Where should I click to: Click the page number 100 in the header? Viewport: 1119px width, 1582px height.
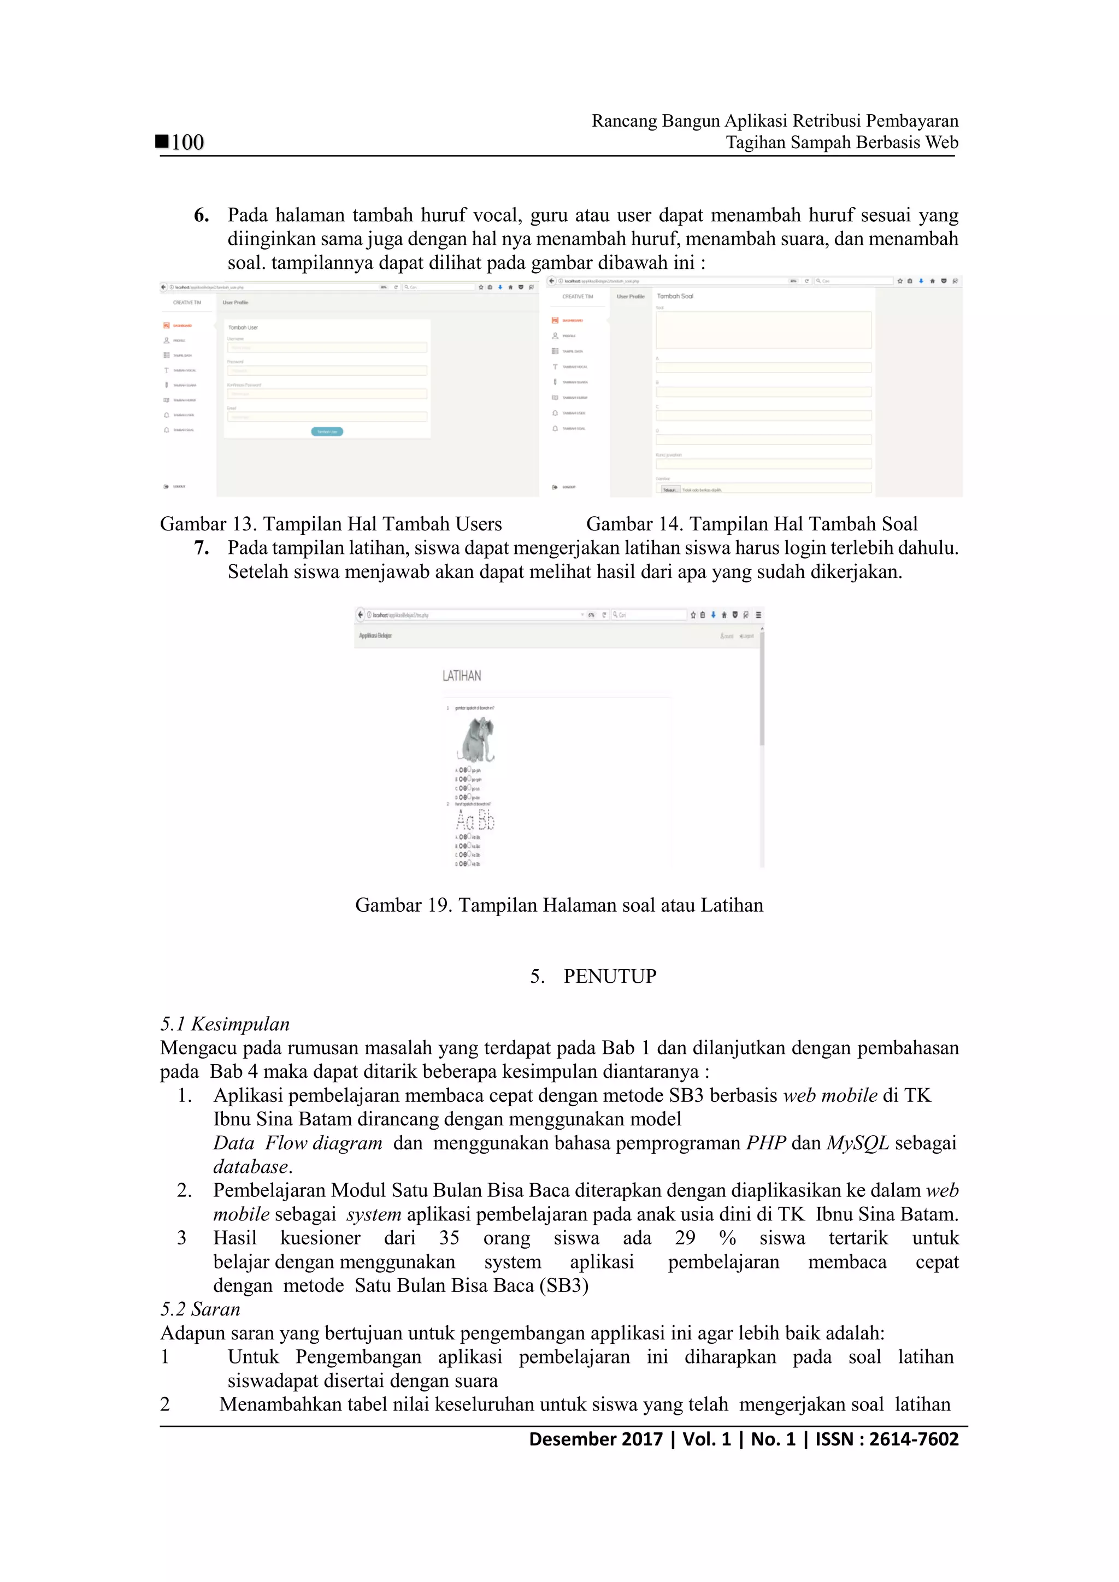(x=187, y=143)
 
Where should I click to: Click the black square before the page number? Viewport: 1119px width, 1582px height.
(x=162, y=141)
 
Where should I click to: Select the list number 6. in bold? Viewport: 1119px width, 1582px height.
(x=201, y=216)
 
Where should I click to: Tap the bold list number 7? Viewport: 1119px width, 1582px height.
(x=201, y=548)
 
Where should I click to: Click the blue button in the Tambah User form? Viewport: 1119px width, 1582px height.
(x=327, y=432)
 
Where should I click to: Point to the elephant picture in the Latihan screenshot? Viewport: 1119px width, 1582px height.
(x=476, y=739)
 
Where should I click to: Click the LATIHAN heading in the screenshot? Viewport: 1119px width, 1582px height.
(x=462, y=676)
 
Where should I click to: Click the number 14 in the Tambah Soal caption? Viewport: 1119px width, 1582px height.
(x=670, y=524)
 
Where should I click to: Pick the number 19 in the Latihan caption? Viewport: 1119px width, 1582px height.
(x=439, y=905)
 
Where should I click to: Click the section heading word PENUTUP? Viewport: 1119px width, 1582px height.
(x=610, y=976)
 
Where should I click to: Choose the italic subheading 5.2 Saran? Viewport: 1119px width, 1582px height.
(x=201, y=1309)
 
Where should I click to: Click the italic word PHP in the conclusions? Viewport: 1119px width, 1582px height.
(x=766, y=1143)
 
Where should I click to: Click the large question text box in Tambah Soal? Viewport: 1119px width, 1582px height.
(x=763, y=330)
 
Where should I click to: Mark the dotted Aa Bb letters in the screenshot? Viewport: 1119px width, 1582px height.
(x=475, y=820)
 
